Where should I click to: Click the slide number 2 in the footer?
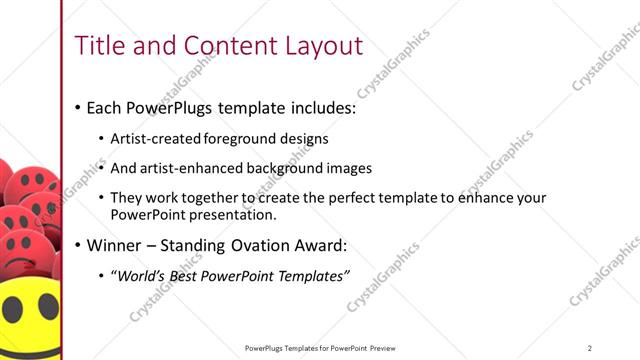click(590, 348)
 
